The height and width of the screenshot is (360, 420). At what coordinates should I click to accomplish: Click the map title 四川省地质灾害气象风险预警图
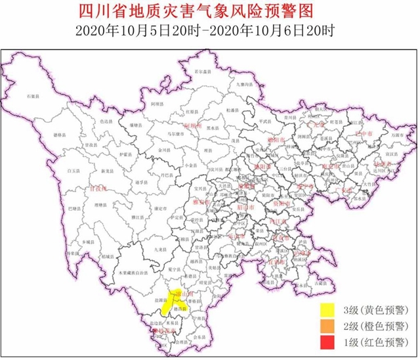click(x=209, y=11)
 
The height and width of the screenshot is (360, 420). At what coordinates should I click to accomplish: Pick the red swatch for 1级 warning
click(x=327, y=342)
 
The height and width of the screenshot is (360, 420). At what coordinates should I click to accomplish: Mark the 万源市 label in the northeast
click(x=392, y=134)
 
